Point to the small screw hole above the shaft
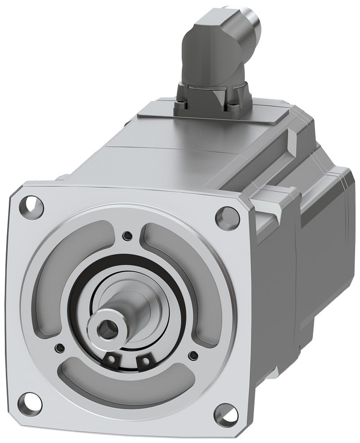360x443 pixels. click(128, 234)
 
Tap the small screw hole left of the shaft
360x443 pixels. click(59, 346)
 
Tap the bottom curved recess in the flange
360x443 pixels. click(129, 390)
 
